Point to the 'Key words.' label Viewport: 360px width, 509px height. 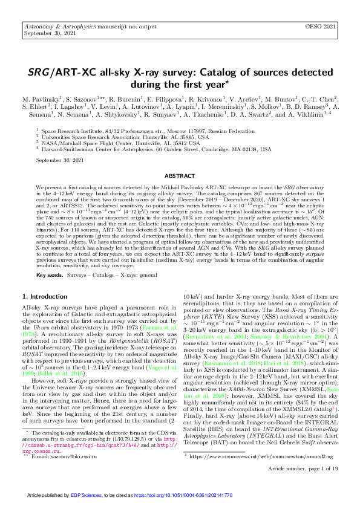click(x=50, y=274)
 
